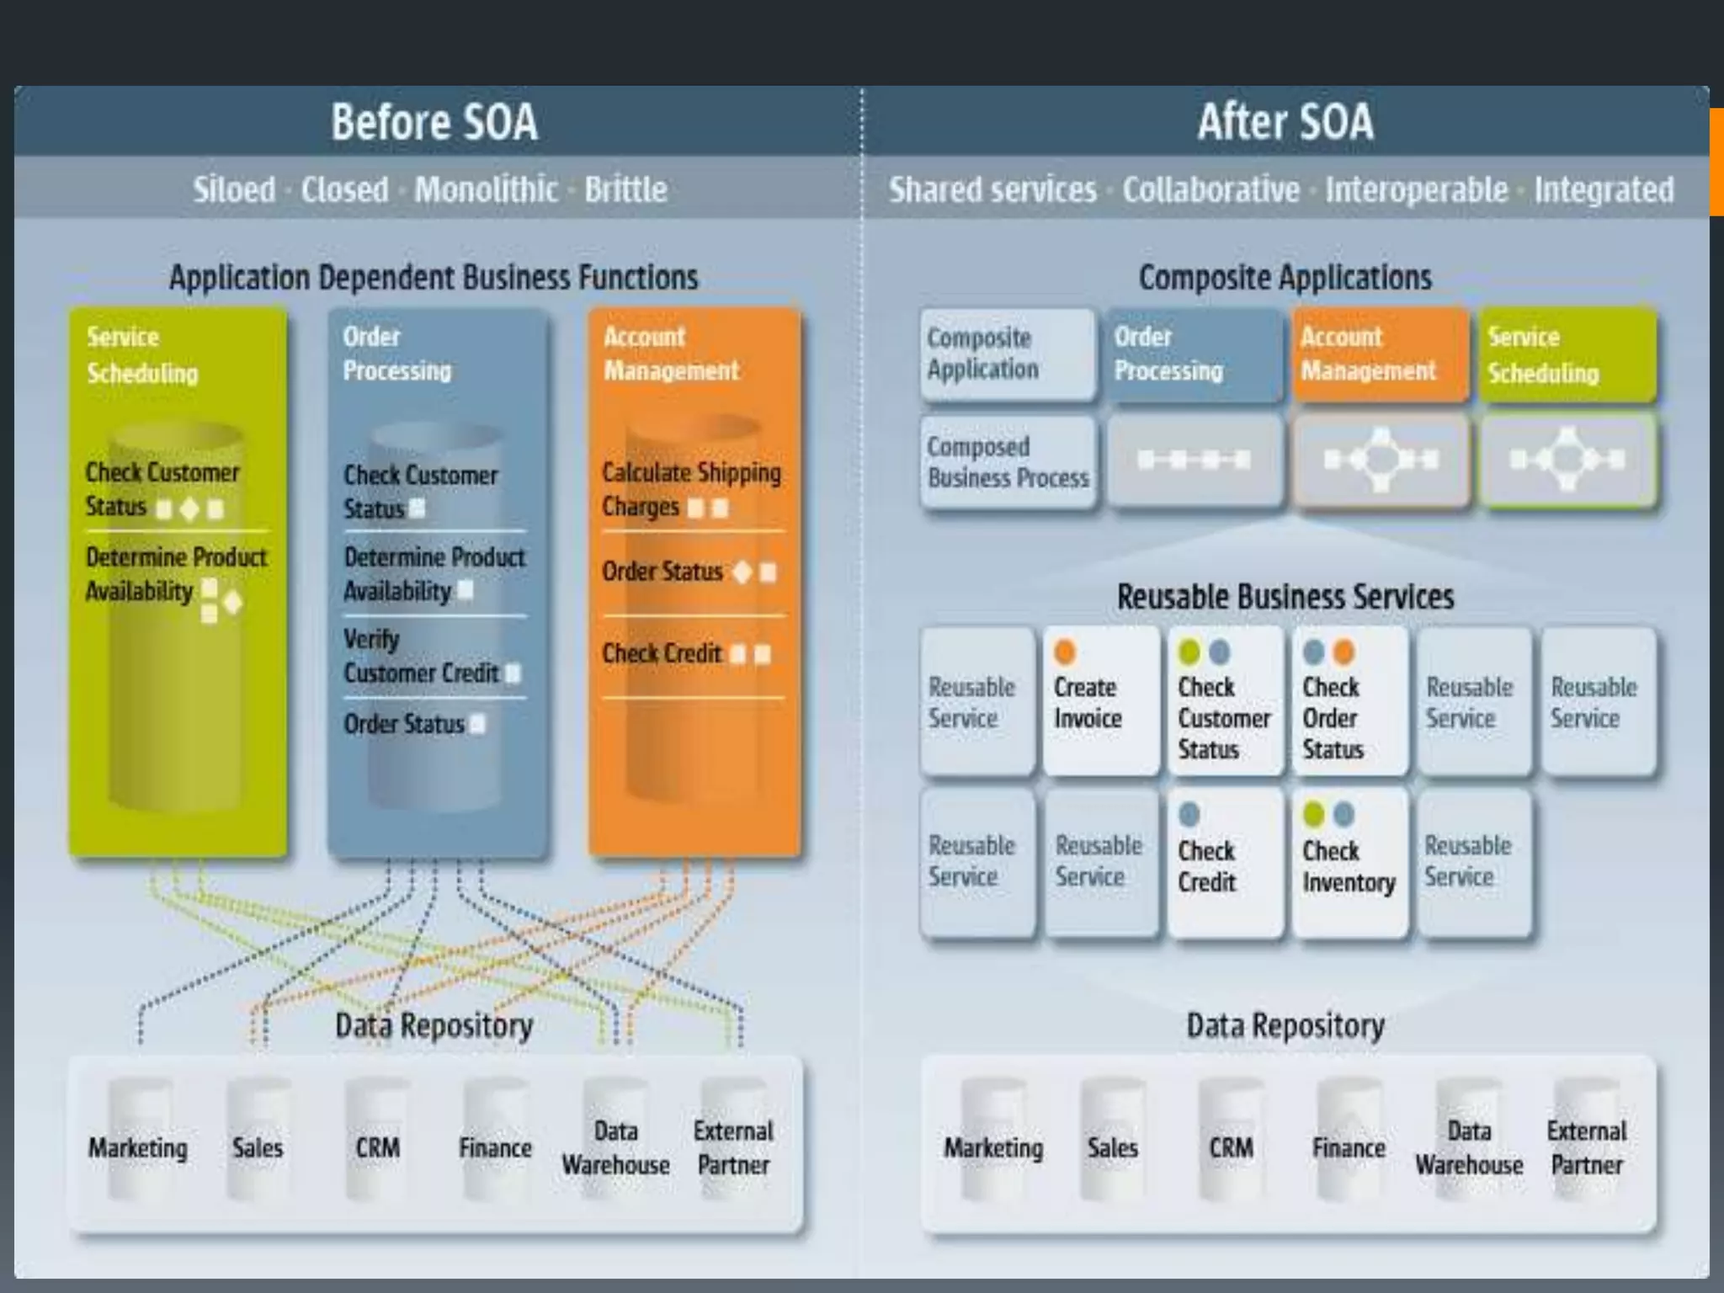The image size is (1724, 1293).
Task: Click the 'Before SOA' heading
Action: tap(434, 122)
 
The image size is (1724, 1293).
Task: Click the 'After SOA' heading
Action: tap(1285, 122)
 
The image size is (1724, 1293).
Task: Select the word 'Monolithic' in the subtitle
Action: tap(486, 189)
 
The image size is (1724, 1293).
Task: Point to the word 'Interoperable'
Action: tap(1416, 190)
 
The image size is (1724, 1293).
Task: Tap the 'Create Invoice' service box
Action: tap(1100, 701)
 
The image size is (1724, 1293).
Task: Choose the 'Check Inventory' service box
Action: tap(1349, 863)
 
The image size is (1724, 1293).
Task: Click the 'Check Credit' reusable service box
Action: tap(1225, 863)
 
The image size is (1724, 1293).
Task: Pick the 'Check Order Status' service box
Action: tap(1349, 701)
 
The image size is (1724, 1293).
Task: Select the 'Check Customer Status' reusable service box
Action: tap(1225, 701)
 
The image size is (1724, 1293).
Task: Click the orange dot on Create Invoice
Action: tap(1065, 652)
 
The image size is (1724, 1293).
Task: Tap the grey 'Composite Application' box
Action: tap(1007, 354)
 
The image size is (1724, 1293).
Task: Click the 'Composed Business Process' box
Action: tap(1008, 462)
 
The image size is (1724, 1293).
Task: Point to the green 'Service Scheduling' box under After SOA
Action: tap(1567, 354)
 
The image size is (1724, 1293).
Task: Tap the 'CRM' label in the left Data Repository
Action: tap(377, 1148)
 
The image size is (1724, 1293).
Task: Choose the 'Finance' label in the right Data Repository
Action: tap(1349, 1148)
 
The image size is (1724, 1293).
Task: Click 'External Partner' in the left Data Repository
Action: tap(733, 1148)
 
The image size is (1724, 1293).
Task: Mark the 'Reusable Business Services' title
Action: tap(1285, 597)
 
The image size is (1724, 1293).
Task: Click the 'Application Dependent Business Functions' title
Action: tap(434, 278)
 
